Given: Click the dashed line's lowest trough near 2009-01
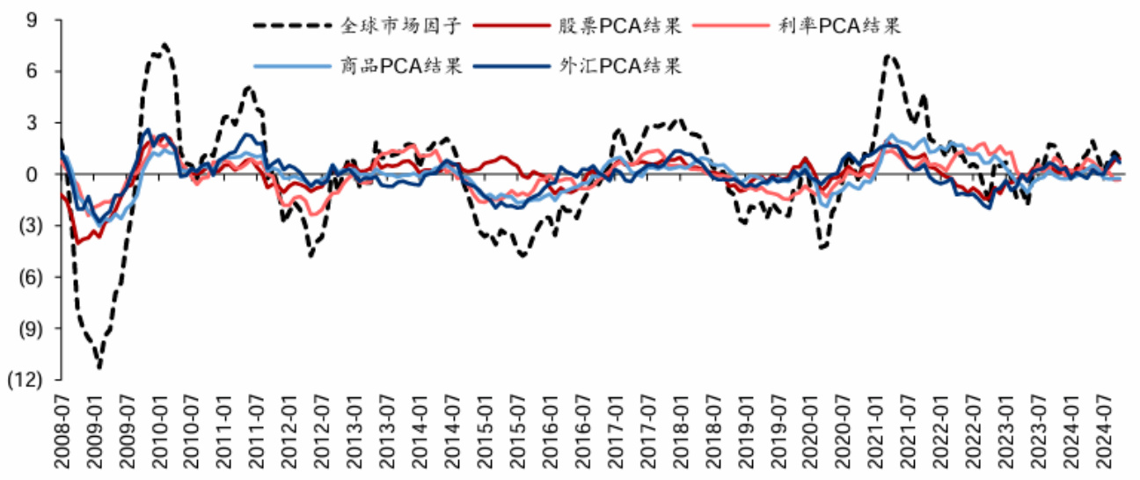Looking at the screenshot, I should (x=99, y=367).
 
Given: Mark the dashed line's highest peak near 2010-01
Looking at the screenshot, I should (x=164, y=44).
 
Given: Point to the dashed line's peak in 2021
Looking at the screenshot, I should (x=889, y=56).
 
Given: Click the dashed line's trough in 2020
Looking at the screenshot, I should (x=822, y=248).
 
